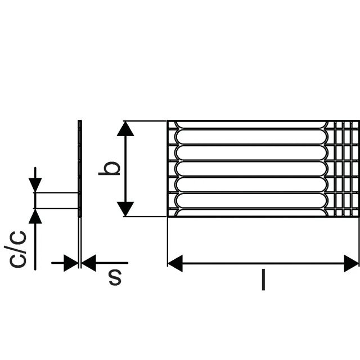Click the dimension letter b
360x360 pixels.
click(x=109, y=168)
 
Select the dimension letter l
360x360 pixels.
click(x=263, y=280)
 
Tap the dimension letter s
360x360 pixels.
click(x=115, y=277)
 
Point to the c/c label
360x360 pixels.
click(x=15, y=249)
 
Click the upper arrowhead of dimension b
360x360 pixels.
click(x=125, y=129)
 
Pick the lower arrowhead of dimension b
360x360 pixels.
click(x=125, y=209)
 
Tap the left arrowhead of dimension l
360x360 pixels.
click(x=175, y=263)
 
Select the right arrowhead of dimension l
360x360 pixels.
click(x=351, y=263)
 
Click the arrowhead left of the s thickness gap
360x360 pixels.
click(x=71, y=263)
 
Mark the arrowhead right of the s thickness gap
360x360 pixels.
click(x=89, y=263)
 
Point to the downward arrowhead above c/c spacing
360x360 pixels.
click(x=35, y=185)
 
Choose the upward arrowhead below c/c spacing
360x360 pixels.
click(x=35, y=216)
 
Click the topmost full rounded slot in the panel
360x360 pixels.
click(x=251, y=137)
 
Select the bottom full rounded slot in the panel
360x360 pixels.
click(x=251, y=200)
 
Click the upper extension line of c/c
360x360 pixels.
click(x=56, y=192)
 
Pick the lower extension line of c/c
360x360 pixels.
click(x=56, y=209)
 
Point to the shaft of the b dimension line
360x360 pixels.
click(x=125, y=169)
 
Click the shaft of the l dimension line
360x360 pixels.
click(x=263, y=263)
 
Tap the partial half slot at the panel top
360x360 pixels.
click(x=251, y=125)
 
